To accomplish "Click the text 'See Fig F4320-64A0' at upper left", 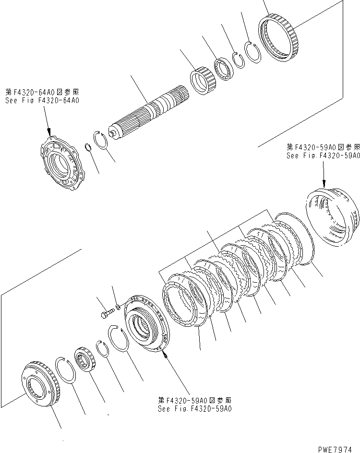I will pyautogui.click(x=42, y=101).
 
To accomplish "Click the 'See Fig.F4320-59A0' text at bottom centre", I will pyautogui.click(x=194, y=409).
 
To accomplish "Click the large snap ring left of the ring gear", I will pyautogui.click(x=252, y=52).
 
